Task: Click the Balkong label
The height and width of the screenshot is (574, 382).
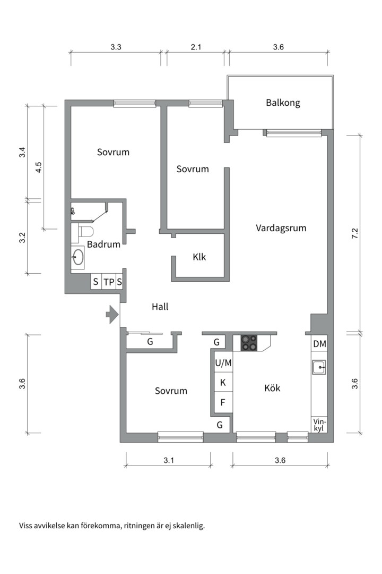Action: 283,103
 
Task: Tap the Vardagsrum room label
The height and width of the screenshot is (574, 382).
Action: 281,228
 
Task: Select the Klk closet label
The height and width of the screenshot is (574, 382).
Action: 199,257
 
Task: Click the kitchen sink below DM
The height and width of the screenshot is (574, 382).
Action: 319,367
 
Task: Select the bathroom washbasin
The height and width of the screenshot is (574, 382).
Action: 78,258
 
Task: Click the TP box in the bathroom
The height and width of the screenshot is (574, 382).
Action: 108,282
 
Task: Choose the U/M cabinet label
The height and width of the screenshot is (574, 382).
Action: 223,364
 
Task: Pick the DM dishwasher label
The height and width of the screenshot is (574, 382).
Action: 319,344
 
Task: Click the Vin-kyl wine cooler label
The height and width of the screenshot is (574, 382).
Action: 319,425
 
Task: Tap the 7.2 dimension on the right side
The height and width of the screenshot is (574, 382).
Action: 355,233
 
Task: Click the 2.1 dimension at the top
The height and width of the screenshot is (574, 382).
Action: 196,47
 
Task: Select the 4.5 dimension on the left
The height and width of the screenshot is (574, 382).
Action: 38,167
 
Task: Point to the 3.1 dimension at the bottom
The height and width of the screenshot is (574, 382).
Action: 168,461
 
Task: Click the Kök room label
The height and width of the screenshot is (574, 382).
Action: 272,388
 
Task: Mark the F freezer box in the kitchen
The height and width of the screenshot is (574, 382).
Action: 223,402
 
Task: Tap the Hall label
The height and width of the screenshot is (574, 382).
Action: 160,307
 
